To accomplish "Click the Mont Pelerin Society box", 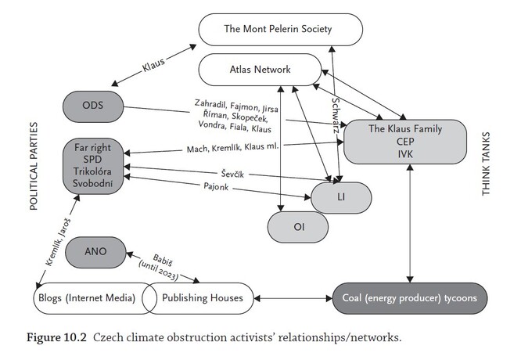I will pos(278,31).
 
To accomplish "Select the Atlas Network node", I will pos(257,70).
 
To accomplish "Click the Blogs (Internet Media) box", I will pos(86,298).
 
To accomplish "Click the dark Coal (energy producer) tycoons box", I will pos(410,298).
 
